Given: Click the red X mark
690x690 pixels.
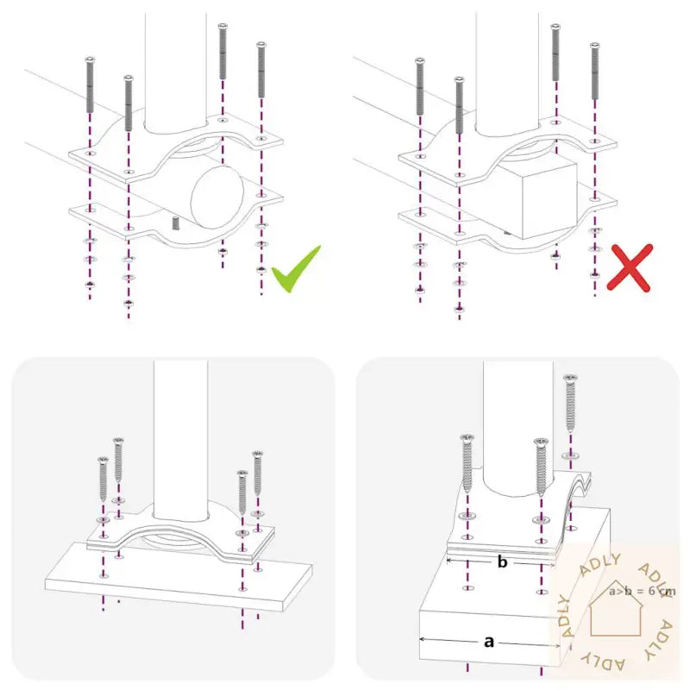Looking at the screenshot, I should [x=629, y=266].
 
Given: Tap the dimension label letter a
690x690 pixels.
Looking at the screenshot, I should [x=489, y=641].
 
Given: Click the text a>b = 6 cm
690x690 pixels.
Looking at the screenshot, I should [x=642, y=592].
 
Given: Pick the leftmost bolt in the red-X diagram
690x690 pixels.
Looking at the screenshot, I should [x=420, y=86].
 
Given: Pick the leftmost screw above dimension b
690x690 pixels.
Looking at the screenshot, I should [x=467, y=464].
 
